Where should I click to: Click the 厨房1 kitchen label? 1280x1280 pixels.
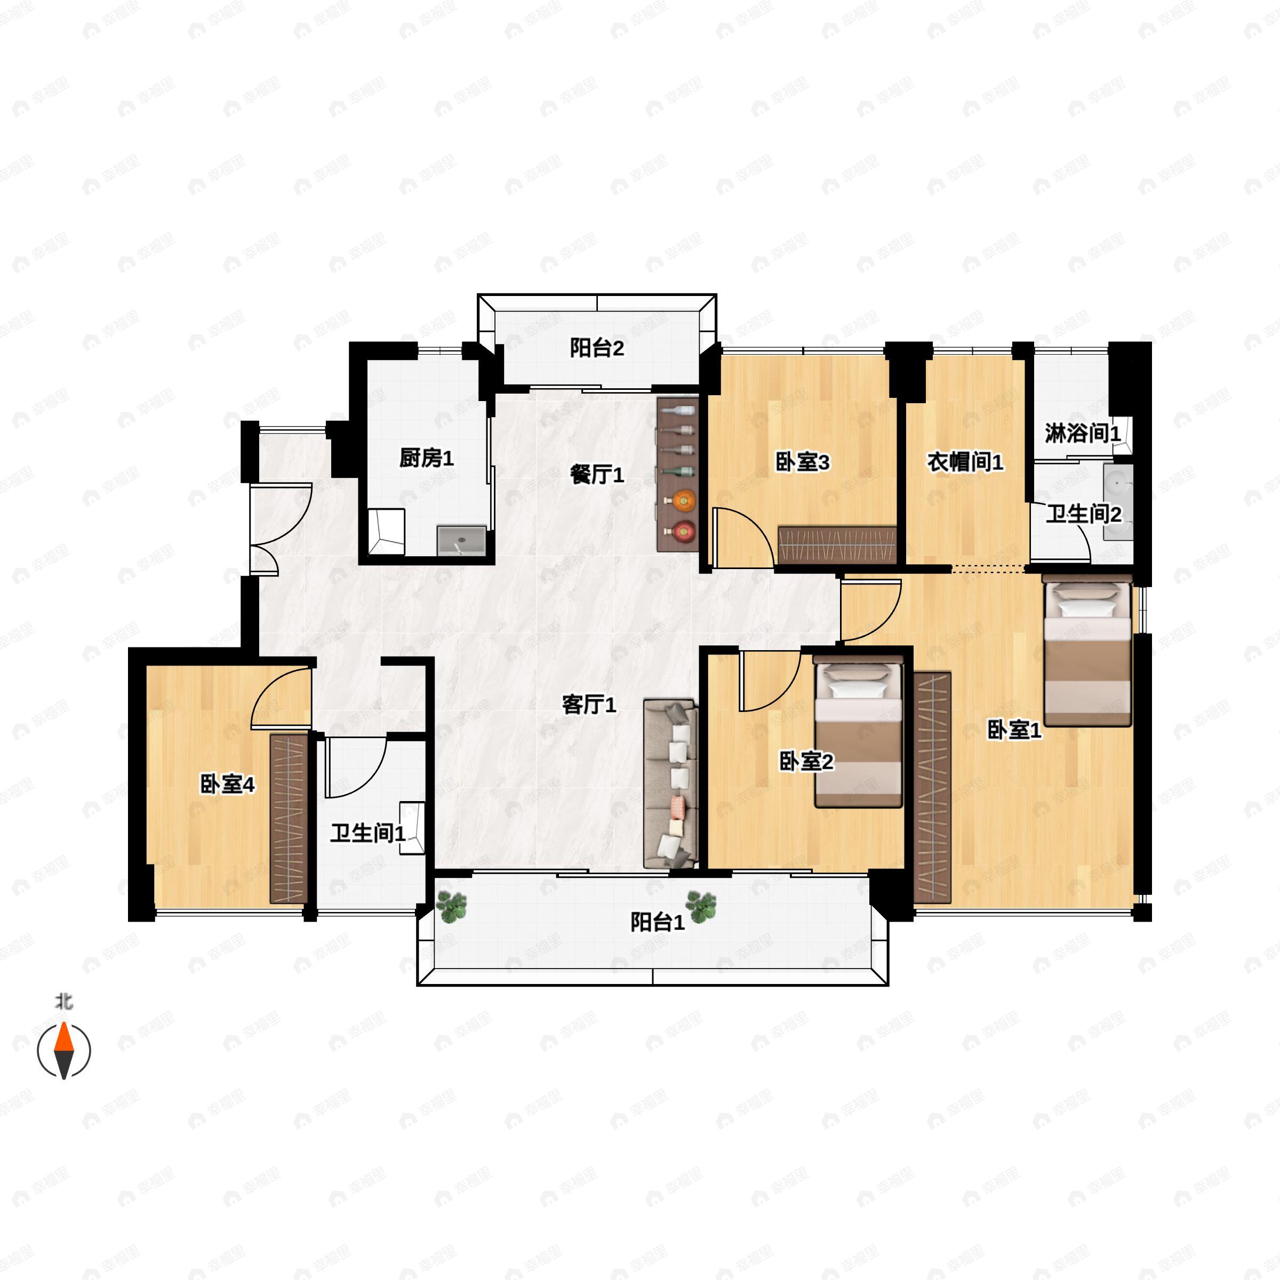(x=426, y=458)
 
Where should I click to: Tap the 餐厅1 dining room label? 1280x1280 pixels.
(x=597, y=474)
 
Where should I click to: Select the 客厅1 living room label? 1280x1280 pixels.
(x=589, y=704)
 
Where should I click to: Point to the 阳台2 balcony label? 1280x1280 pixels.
(x=597, y=348)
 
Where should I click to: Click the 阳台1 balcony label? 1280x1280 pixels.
(x=657, y=922)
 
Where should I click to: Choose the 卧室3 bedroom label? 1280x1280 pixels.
(x=802, y=462)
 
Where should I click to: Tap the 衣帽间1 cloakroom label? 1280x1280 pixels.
(x=965, y=462)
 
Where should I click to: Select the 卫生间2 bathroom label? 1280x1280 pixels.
(x=1084, y=514)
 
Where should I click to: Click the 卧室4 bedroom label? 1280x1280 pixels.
(x=227, y=785)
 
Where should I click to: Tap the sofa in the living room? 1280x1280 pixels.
(x=670, y=784)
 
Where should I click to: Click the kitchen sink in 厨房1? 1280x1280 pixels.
(x=462, y=541)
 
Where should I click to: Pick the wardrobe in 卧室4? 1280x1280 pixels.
(x=289, y=818)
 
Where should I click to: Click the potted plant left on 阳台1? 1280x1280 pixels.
(x=451, y=906)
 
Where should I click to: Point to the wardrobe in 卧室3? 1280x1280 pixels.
(x=837, y=545)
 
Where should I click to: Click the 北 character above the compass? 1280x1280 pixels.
(x=63, y=1001)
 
